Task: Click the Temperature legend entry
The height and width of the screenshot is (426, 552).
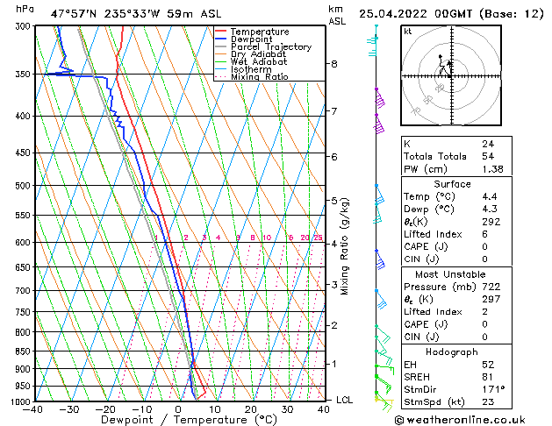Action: (x=260, y=32)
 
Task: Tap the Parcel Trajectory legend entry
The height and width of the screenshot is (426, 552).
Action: (x=270, y=47)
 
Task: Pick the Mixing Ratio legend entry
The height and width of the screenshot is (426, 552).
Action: (x=259, y=77)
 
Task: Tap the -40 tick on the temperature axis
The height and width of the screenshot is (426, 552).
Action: (x=34, y=409)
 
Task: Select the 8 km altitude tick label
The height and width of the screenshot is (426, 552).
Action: (x=334, y=64)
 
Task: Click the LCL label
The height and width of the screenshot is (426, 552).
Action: (x=346, y=400)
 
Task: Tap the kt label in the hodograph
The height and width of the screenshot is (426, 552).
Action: (x=408, y=32)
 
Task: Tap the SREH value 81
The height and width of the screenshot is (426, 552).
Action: (x=488, y=376)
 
